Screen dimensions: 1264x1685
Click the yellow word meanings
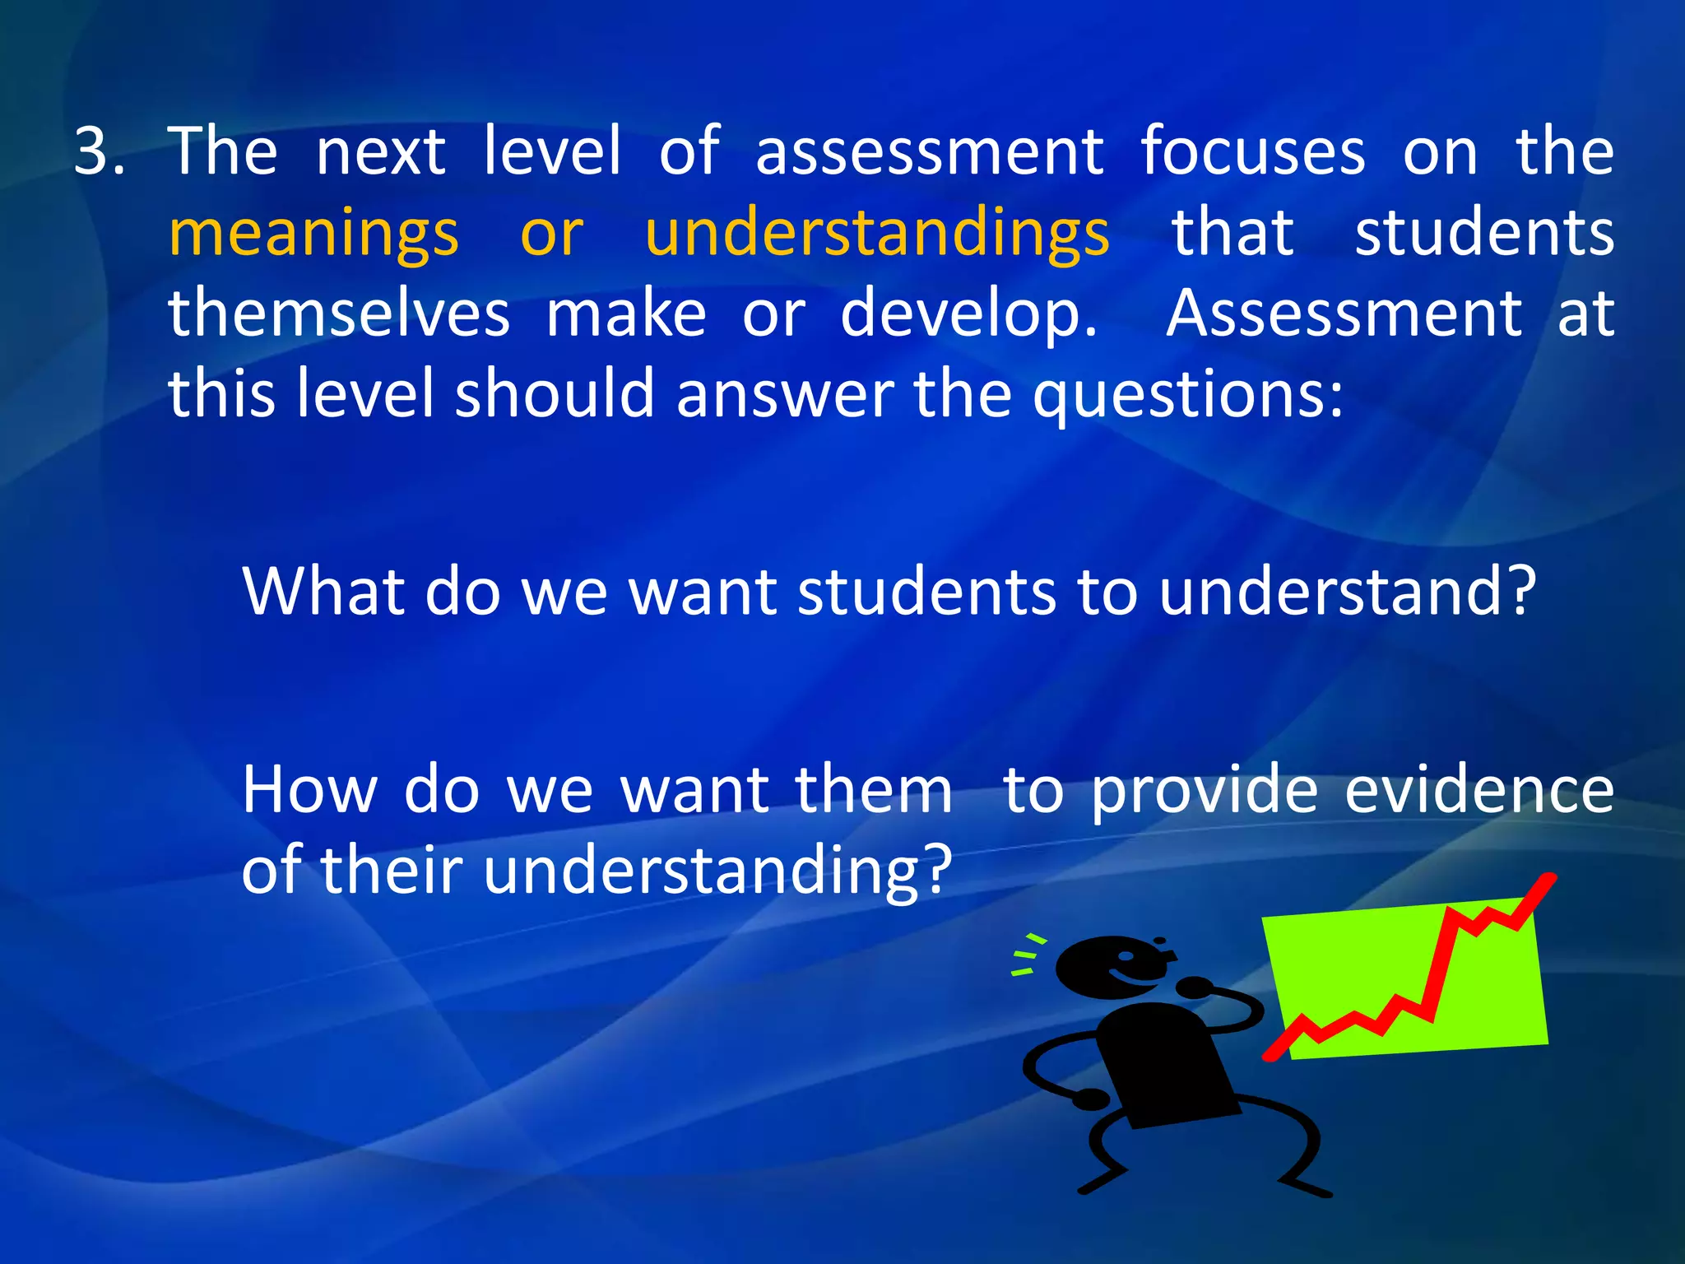[313, 234]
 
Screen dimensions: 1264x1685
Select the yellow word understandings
[877, 234]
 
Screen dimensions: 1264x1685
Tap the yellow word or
[551, 235]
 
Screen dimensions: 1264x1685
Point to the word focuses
[1252, 151]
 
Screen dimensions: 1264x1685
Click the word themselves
[339, 314]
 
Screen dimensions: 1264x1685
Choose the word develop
[968, 316]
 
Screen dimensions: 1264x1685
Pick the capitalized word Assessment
[1344, 314]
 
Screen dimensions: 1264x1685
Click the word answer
[785, 395]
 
